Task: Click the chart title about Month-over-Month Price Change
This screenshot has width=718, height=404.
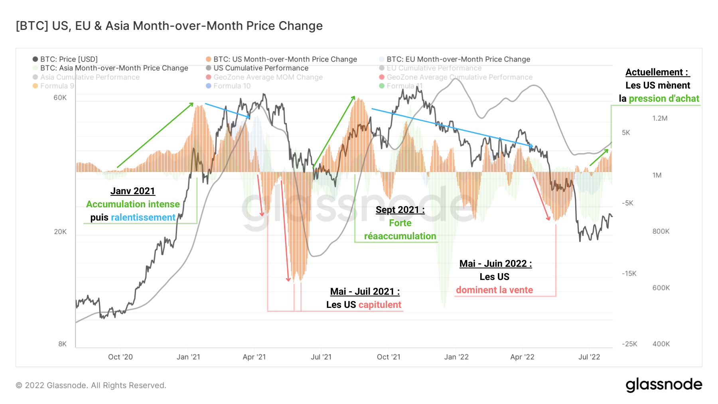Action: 169,26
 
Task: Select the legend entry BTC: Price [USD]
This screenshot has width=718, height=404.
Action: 69,59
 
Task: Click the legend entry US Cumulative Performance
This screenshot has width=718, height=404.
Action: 260,68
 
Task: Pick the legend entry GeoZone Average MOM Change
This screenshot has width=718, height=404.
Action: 268,77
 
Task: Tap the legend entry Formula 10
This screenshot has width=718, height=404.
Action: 232,86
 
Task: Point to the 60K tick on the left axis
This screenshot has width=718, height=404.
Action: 60,98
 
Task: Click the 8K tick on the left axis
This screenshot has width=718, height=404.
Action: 63,344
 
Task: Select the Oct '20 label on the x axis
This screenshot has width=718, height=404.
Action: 120,357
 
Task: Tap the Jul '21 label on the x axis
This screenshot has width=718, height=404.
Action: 321,357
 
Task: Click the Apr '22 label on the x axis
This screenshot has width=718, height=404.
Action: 522,357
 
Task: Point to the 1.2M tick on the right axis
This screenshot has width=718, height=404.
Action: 660,118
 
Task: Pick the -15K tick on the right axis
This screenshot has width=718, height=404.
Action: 629,274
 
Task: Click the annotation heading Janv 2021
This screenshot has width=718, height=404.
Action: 132,191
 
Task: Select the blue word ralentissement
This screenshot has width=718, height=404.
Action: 143,217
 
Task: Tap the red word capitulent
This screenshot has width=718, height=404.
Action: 380,305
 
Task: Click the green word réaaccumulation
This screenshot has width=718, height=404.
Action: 400,236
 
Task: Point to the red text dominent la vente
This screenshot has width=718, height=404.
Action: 494,290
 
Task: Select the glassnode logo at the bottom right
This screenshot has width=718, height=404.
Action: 664,385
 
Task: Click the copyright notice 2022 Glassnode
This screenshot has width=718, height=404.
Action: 91,385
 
